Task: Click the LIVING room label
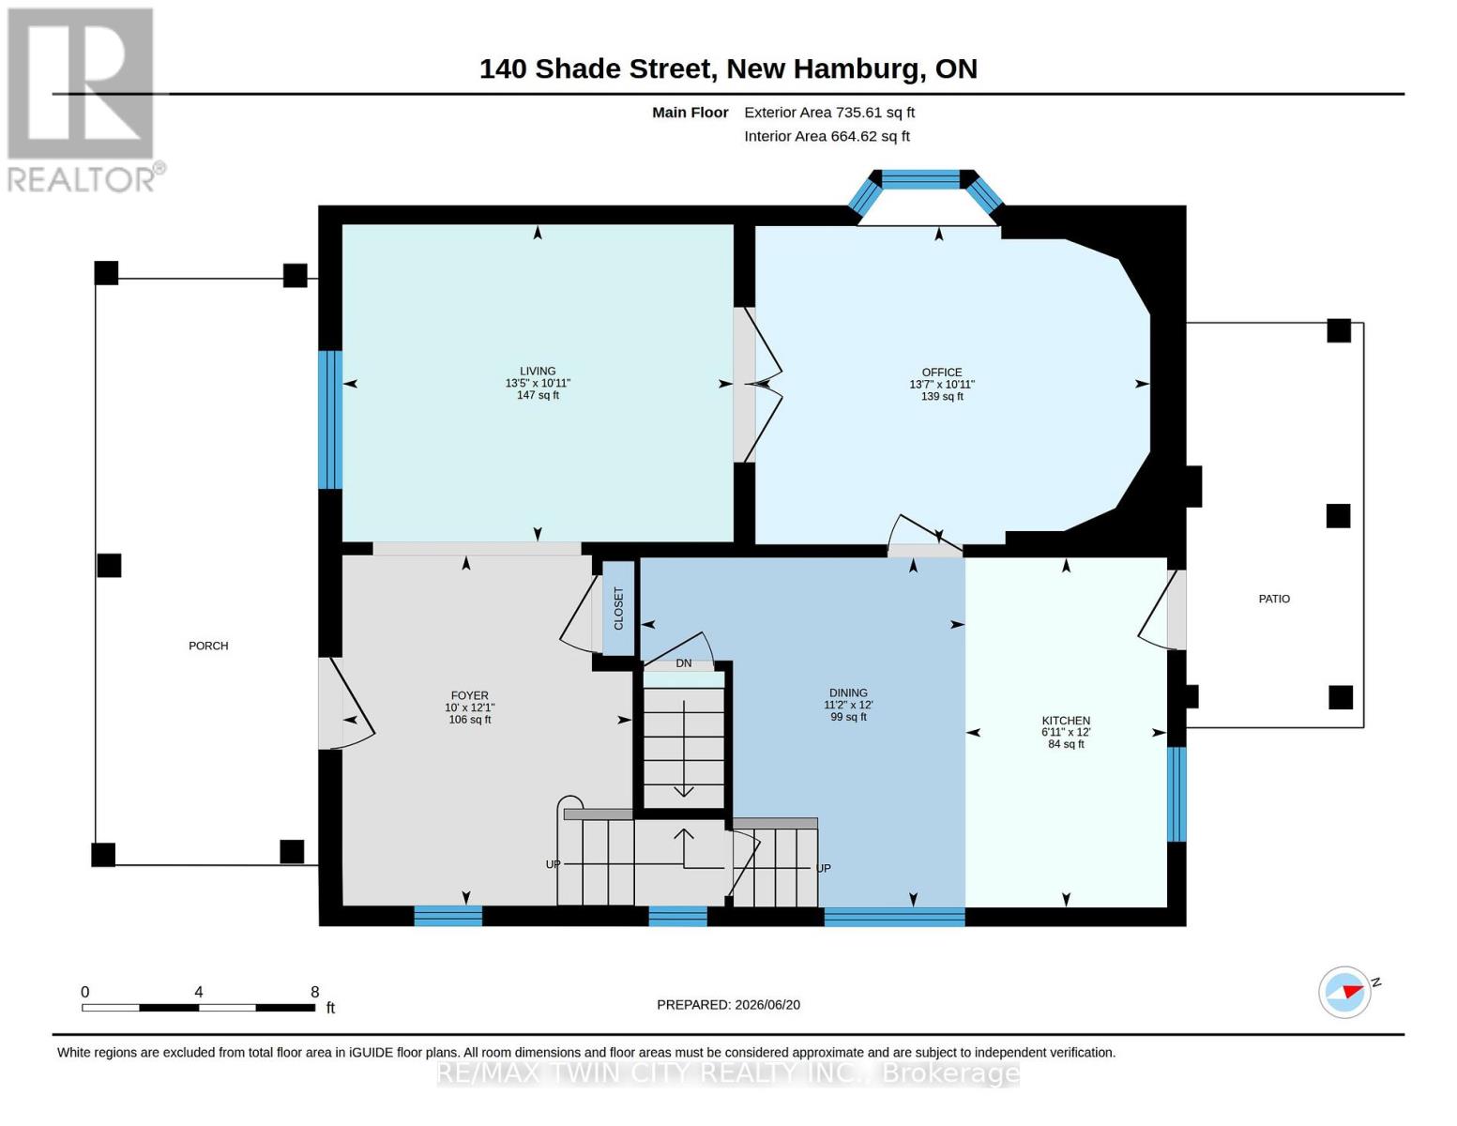coord(537,371)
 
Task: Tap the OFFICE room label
coord(941,373)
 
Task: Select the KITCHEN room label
coord(1066,721)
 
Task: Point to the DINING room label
coord(848,692)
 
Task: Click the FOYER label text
coord(469,695)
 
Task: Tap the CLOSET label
coord(618,608)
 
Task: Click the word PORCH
coord(208,646)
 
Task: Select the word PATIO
coord(1274,599)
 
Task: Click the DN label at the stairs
coord(683,663)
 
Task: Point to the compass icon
coord(1345,992)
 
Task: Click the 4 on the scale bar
coord(199,991)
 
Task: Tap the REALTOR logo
coord(83,100)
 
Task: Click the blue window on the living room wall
coord(330,419)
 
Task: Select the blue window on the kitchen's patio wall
coord(1176,794)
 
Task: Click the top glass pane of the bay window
coord(920,179)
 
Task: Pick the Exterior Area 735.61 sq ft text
coord(829,113)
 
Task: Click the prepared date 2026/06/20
coord(767,1005)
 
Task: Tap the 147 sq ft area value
coord(537,395)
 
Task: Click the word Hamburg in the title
coord(857,69)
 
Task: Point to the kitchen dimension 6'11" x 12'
coord(1066,732)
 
